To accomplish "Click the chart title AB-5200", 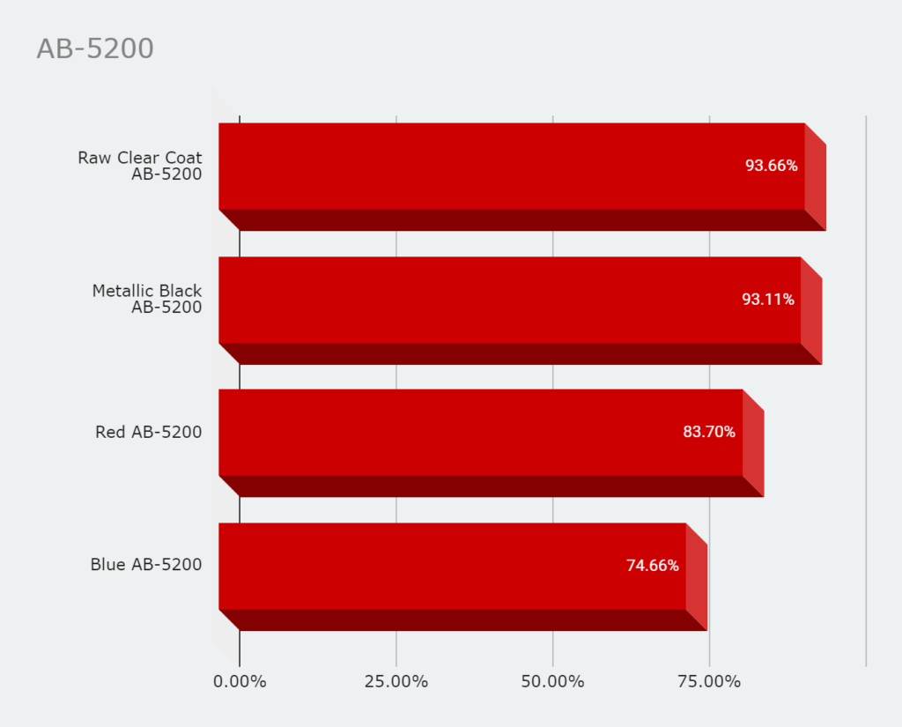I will (x=95, y=49).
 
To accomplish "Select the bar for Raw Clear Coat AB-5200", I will (x=511, y=167).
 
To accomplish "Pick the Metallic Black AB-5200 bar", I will (x=509, y=300).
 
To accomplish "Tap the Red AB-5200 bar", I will (x=480, y=433).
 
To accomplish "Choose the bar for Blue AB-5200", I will (x=452, y=566).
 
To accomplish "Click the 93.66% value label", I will (x=772, y=166).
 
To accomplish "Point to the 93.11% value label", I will (x=768, y=300).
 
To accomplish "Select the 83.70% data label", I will (x=709, y=432).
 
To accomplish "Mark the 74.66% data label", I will (x=653, y=566).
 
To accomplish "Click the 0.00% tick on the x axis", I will (x=240, y=682).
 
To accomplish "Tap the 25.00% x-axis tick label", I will (x=396, y=682).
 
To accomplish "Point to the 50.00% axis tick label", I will (x=552, y=682).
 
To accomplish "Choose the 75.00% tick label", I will (x=709, y=682).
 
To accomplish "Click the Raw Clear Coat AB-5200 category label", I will (x=140, y=166).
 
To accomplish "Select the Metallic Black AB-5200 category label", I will (x=147, y=299).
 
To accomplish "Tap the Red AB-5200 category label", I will (x=149, y=432).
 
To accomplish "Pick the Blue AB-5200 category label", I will (x=146, y=565).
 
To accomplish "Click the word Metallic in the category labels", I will (x=122, y=291).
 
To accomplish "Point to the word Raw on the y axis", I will (x=94, y=158).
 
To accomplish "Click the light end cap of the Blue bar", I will (x=697, y=577).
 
